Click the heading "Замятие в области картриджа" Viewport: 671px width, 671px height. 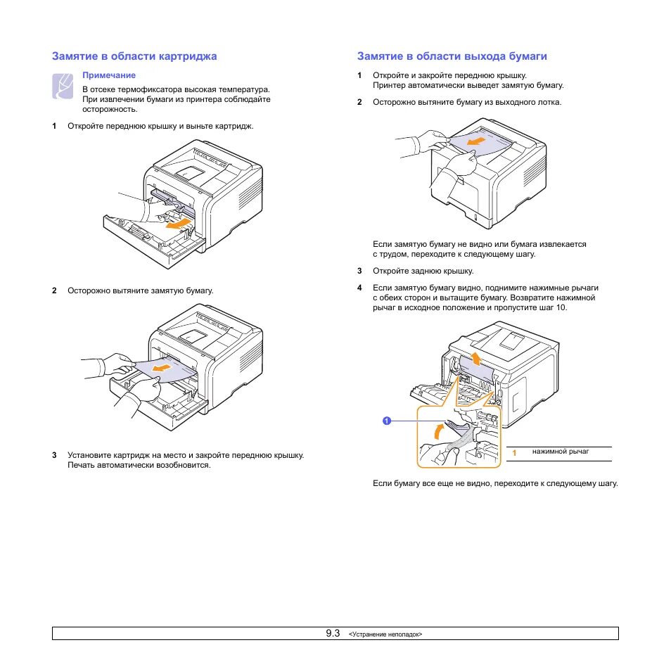pos(134,56)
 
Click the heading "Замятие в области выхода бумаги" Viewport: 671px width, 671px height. pos(452,56)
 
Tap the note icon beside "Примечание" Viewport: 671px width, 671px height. pos(63,86)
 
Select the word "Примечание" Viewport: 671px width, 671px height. pos(109,75)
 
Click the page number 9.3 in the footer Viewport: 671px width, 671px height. pos(333,633)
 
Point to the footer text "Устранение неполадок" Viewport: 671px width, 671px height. pos(385,634)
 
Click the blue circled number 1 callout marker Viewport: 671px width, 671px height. pos(387,421)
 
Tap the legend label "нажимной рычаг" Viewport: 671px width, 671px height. pos(560,451)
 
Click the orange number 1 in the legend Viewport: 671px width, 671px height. pos(515,453)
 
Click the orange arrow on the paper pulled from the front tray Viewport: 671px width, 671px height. pos(163,367)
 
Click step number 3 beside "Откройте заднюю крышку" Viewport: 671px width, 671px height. pos(359,271)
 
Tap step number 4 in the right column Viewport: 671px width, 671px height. pos(359,288)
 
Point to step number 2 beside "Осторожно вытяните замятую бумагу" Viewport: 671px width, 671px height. pos(54,290)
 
